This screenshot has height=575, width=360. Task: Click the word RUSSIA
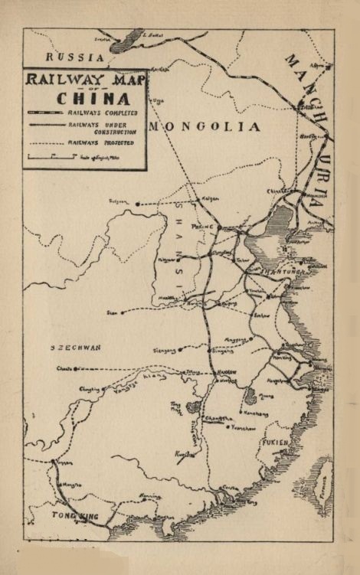tap(75, 57)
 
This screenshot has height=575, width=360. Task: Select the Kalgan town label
tap(210, 198)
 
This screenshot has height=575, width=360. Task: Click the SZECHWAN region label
tap(76, 348)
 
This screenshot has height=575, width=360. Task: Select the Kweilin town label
tap(184, 454)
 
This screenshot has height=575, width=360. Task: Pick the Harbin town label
tap(308, 109)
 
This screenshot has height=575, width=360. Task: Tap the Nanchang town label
tap(258, 413)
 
